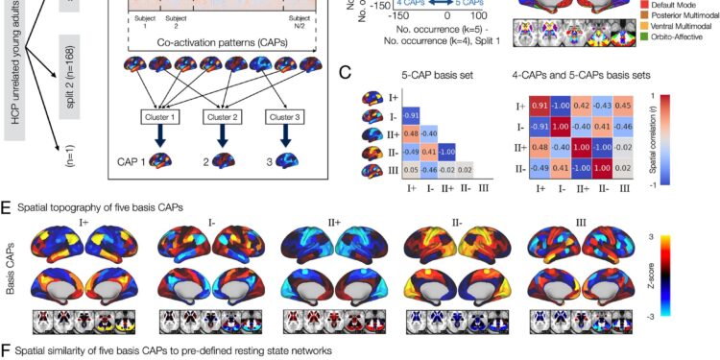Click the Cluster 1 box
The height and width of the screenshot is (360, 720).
point(161,117)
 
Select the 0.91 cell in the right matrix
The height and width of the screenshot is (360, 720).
point(540,107)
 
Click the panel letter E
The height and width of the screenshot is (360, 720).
point(8,207)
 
